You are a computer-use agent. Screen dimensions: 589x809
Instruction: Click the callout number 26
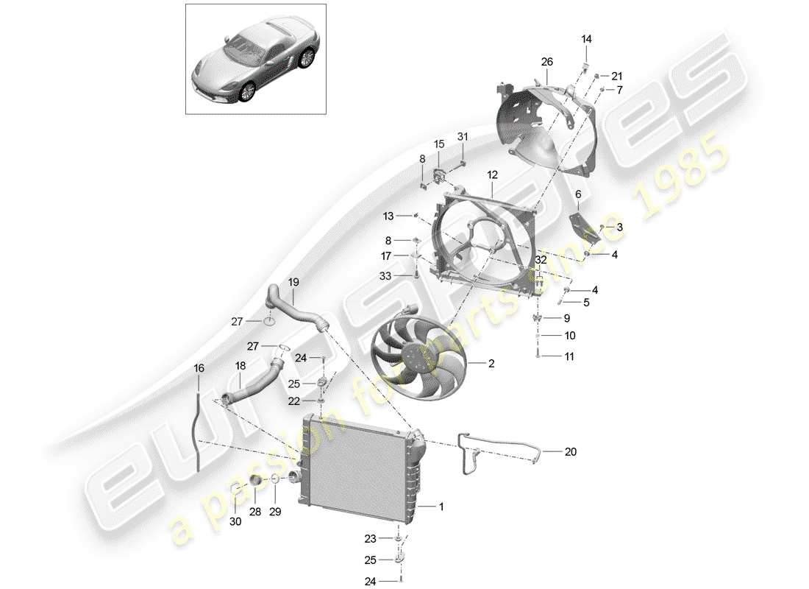click(546, 62)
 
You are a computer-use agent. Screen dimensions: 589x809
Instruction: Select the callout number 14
click(587, 39)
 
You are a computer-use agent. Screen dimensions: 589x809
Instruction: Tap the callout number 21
click(616, 76)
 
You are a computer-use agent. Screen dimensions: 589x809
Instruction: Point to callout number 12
click(492, 175)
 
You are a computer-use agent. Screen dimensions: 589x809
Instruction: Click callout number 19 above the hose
click(293, 281)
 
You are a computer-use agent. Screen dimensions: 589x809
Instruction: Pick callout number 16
click(198, 367)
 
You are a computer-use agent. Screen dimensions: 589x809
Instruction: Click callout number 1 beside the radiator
click(441, 507)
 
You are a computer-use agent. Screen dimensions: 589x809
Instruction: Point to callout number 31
click(463, 136)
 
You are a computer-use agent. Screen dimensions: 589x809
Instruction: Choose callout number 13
click(388, 216)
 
